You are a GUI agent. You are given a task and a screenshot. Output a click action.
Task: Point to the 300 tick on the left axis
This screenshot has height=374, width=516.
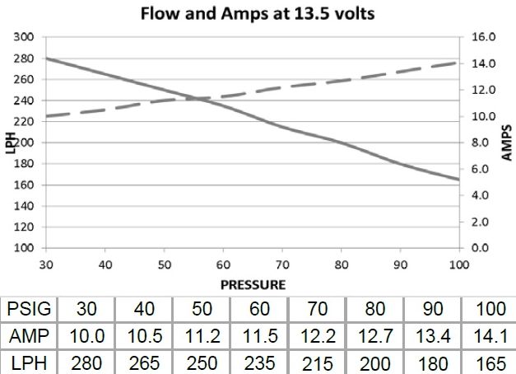23,38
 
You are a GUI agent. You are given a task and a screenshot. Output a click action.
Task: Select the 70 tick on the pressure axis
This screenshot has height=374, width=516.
281,265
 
